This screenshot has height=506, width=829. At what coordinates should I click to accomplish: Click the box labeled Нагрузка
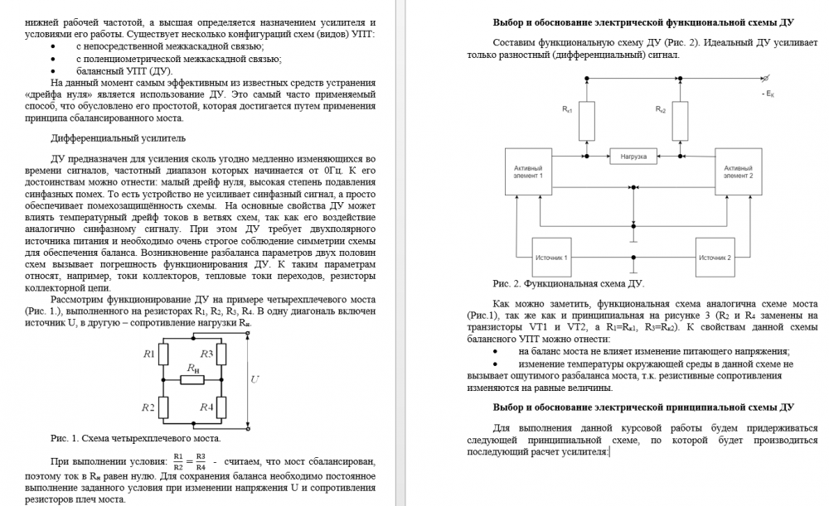pyautogui.click(x=634, y=156)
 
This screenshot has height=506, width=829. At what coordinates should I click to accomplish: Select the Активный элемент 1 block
pyautogui.click(x=529, y=171)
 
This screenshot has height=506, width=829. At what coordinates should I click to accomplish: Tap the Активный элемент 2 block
pyautogui.click(x=738, y=171)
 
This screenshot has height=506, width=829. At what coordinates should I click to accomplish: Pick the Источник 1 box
pyautogui.click(x=551, y=258)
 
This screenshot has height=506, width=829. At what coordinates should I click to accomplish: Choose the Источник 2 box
pyautogui.click(x=715, y=258)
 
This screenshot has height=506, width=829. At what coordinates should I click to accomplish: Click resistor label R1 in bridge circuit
pyautogui.click(x=149, y=354)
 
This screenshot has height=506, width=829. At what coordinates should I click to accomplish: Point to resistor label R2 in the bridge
pyautogui.click(x=149, y=407)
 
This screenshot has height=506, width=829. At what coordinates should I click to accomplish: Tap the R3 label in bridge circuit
pyautogui.click(x=207, y=354)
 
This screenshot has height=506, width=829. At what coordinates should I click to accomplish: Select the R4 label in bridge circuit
pyautogui.click(x=207, y=407)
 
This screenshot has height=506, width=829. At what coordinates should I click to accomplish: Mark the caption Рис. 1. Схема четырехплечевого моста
pyautogui.click(x=135, y=438)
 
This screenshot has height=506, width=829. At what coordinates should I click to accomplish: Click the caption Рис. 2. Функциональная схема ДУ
pyautogui.click(x=569, y=284)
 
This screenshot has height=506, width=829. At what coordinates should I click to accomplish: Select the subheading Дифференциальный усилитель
pyautogui.click(x=119, y=137)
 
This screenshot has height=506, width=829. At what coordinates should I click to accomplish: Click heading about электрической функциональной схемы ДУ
pyautogui.click(x=643, y=22)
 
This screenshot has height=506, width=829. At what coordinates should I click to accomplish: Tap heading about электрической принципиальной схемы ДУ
pyautogui.click(x=643, y=407)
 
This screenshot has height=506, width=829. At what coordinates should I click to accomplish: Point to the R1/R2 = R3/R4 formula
pyautogui.click(x=189, y=461)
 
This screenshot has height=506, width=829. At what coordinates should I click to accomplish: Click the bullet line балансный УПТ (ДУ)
pyautogui.click(x=124, y=70)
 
